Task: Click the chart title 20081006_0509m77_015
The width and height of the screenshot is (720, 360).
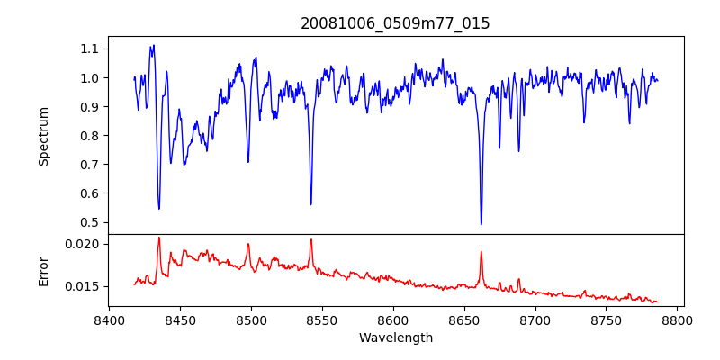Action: click(395, 23)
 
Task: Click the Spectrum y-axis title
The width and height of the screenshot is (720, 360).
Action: click(43, 136)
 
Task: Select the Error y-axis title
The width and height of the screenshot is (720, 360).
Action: click(43, 269)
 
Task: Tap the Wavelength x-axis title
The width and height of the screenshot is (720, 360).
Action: click(395, 338)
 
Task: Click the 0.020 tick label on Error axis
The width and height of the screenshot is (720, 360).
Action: click(86, 244)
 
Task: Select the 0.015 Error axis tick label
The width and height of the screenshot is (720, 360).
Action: click(86, 286)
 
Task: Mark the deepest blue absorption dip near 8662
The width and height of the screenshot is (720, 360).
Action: click(481, 224)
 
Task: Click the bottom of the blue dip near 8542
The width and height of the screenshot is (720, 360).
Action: click(310, 204)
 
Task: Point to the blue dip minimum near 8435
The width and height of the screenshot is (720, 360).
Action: click(158, 209)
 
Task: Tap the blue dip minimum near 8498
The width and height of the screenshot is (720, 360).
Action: click(248, 162)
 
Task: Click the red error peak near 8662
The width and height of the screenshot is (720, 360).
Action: click(481, 252)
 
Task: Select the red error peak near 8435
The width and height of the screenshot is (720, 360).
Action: click(158, 238)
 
